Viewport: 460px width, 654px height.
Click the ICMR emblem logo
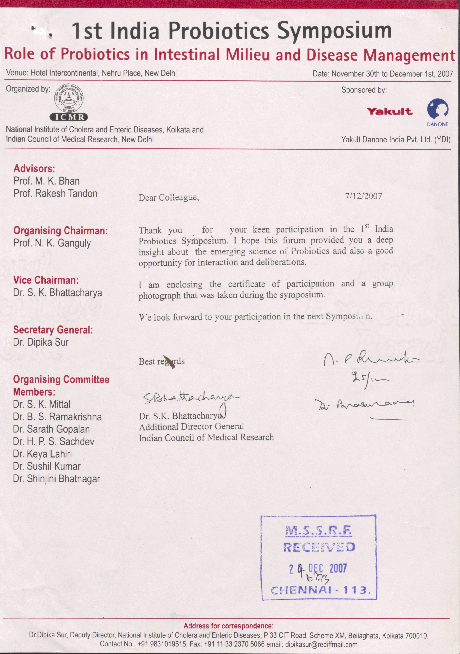(x=69, y=103)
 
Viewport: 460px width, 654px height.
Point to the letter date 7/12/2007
(x=363, y=196)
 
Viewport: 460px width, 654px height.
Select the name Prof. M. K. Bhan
(x=46, y=181)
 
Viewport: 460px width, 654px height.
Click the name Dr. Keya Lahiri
(x=42, y=454)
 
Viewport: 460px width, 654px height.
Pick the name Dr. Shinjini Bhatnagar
(x=56, y=478)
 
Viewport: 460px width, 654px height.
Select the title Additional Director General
(x=191, y=427)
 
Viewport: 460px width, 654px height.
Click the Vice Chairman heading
(x=46, y=280)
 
